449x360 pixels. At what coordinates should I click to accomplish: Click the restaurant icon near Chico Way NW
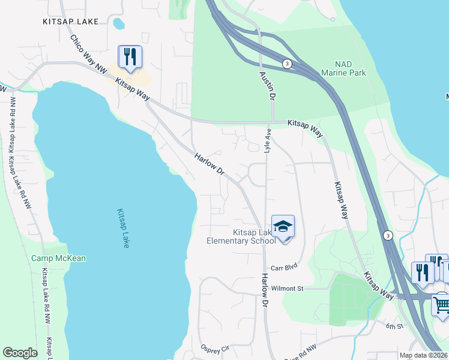130,58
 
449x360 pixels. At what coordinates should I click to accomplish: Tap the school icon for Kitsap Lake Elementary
283,227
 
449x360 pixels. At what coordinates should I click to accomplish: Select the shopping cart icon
442,304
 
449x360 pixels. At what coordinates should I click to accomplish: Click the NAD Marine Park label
344,68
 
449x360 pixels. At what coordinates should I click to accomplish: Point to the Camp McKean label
59,259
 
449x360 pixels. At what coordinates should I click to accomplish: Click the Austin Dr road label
267,86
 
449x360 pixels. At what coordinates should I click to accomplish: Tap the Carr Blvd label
284,268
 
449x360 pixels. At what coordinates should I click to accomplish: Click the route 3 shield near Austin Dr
288,64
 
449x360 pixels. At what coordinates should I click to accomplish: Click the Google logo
20,353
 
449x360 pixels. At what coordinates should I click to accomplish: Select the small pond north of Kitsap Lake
119,23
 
